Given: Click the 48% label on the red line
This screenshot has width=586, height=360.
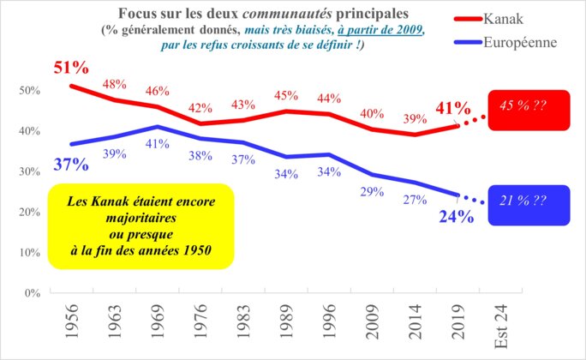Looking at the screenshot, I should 114,85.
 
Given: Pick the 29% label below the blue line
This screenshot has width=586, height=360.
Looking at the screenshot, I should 372,192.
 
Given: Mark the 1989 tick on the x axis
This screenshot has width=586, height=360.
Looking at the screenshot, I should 288,321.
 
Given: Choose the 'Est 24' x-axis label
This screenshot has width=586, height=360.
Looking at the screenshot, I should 499,325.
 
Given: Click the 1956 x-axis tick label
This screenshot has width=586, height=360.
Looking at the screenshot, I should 72,321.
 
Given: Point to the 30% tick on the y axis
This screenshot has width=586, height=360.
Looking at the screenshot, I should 28,171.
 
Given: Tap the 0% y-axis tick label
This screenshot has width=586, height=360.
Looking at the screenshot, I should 31,293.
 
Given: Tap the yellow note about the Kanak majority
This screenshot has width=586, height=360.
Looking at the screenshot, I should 141,220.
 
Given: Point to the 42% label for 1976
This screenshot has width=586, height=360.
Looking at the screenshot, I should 200,108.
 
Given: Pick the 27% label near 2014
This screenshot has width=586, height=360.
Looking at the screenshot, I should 415,200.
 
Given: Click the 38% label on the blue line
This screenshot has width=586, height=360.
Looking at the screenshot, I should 200,156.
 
